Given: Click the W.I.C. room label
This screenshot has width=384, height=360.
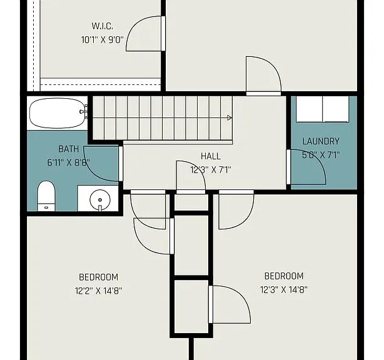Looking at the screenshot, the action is (x=103, y=26).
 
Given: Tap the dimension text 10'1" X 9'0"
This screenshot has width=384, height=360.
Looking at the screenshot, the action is (x=103, y=39).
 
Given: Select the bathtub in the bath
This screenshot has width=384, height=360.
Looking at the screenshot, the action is (x=58, y=113).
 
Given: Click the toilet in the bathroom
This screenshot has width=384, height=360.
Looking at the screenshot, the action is (x=46, y=196).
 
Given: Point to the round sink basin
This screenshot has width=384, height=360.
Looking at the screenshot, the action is (x=100, y=200).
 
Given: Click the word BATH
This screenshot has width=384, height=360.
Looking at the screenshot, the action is (x=69, y=149).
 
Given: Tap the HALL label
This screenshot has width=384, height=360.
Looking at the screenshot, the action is (x=211, y=156).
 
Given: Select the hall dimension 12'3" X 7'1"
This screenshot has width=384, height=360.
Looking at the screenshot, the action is (x=211, y=169).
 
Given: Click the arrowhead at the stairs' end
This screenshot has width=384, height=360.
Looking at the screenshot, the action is (x=230, y=118).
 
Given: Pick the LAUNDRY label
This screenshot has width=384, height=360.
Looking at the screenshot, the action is (x=321, y=141).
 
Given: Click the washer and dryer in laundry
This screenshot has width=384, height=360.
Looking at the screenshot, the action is (x=323, y=109).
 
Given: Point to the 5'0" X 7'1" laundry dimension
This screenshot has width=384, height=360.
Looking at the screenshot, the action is (x=321, y=155).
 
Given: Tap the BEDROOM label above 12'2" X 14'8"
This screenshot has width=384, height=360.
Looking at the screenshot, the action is (x=98, y=277).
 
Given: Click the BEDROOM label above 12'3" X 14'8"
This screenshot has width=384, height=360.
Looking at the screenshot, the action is (x=284, y=276).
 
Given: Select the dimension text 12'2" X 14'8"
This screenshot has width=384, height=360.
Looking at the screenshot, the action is (x=98, y=291).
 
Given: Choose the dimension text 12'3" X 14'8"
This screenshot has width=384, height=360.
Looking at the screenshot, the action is (x=284, y=290).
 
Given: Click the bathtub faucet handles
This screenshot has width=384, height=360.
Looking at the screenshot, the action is (x=84, y=112).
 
